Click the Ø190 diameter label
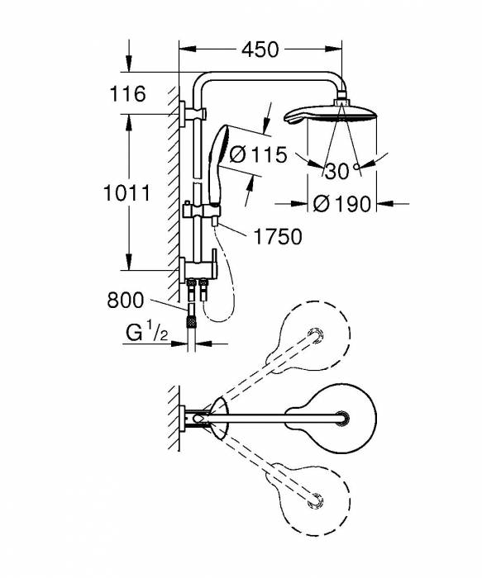pyautogui.click(x=343, y=203)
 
